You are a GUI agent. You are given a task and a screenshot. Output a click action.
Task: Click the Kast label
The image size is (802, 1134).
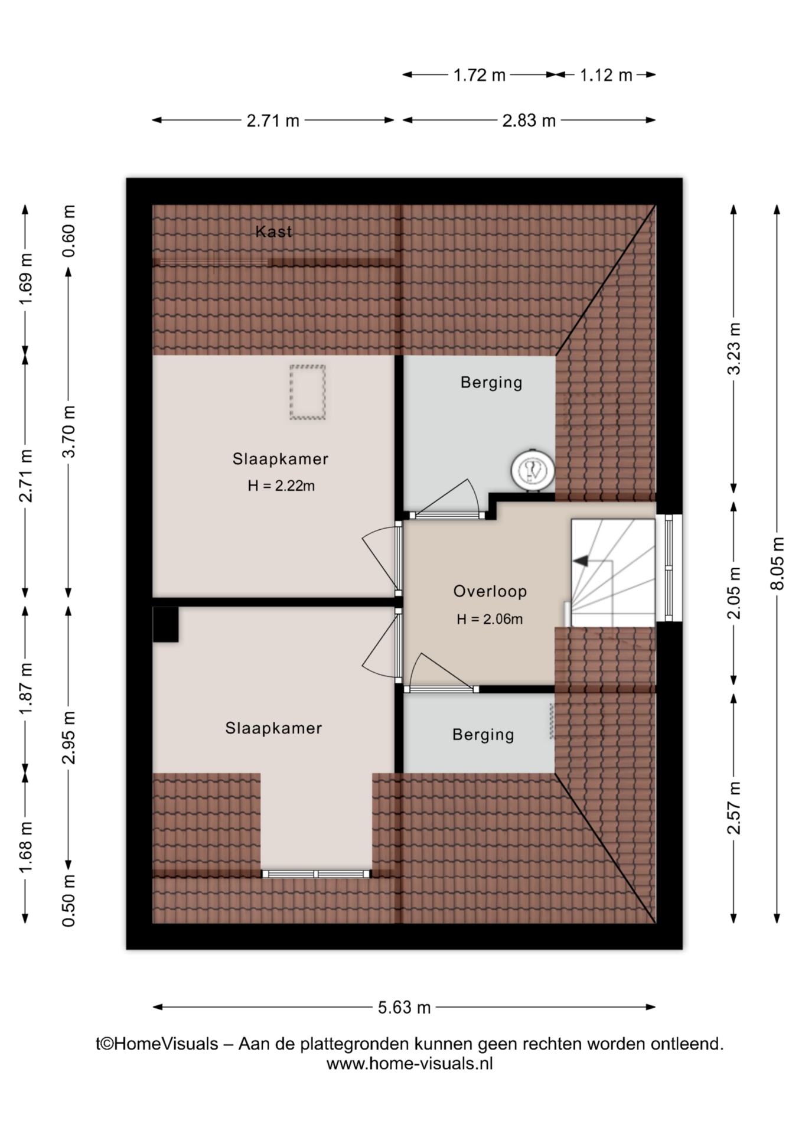point(273,232)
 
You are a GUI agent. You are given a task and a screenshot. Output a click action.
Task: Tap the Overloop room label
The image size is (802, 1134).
point(490,591)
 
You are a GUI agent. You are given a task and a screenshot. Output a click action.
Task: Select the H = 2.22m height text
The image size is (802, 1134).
point(281,486)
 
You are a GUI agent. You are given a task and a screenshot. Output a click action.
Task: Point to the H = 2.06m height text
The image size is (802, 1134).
point(490,619)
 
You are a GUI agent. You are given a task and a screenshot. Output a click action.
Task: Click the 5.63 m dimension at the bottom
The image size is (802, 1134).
point(405,1008)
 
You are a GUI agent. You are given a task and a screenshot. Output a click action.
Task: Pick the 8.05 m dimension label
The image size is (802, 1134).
point(777,563)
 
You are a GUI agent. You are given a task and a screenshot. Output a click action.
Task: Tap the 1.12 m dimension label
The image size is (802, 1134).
point(606,75)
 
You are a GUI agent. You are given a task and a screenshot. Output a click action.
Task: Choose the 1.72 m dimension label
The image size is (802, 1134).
point(479,75)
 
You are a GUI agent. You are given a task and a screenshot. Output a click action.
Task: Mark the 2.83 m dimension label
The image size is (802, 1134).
point(529,120)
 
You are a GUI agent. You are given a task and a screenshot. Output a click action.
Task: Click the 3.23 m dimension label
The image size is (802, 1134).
point(733,348)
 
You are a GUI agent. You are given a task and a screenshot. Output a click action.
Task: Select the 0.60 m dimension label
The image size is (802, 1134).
point(69,231)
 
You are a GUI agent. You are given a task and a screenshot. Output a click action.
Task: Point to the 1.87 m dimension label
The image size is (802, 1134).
point(25,688)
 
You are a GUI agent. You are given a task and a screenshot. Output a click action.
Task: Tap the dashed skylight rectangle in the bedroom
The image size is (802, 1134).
point(308,392)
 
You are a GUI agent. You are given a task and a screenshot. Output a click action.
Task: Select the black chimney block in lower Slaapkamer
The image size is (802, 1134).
point(166,624)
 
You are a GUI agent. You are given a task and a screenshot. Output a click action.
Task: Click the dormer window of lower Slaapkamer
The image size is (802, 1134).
point(317,874)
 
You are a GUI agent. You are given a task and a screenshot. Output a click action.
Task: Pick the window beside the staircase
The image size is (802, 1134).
point(669,568)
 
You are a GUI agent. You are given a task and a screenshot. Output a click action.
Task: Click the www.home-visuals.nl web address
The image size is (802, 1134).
point(409,1064)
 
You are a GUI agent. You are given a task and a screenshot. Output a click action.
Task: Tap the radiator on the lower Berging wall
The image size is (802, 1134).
point(552,721)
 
